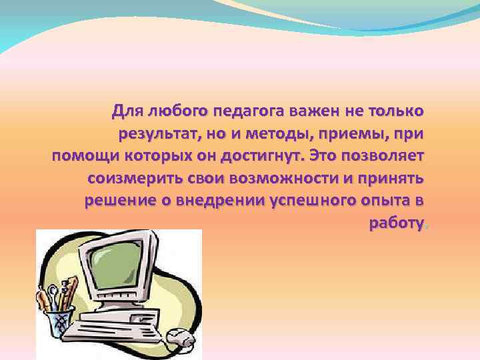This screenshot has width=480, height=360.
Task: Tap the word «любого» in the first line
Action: (x=172, y=109)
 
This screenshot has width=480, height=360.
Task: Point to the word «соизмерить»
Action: (x=133, y=179)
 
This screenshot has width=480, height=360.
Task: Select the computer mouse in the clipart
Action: (x=177, y=337)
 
